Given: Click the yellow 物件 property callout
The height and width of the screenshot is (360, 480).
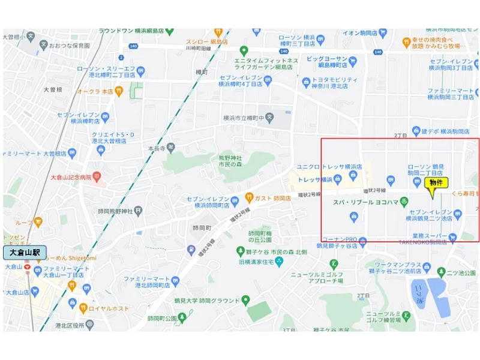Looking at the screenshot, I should [x=436, y=182].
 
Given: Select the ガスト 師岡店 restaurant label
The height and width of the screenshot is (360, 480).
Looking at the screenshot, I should [x=276, y=197].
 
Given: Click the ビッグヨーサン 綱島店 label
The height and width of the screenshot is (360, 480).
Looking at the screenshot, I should [x=326, y=62].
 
